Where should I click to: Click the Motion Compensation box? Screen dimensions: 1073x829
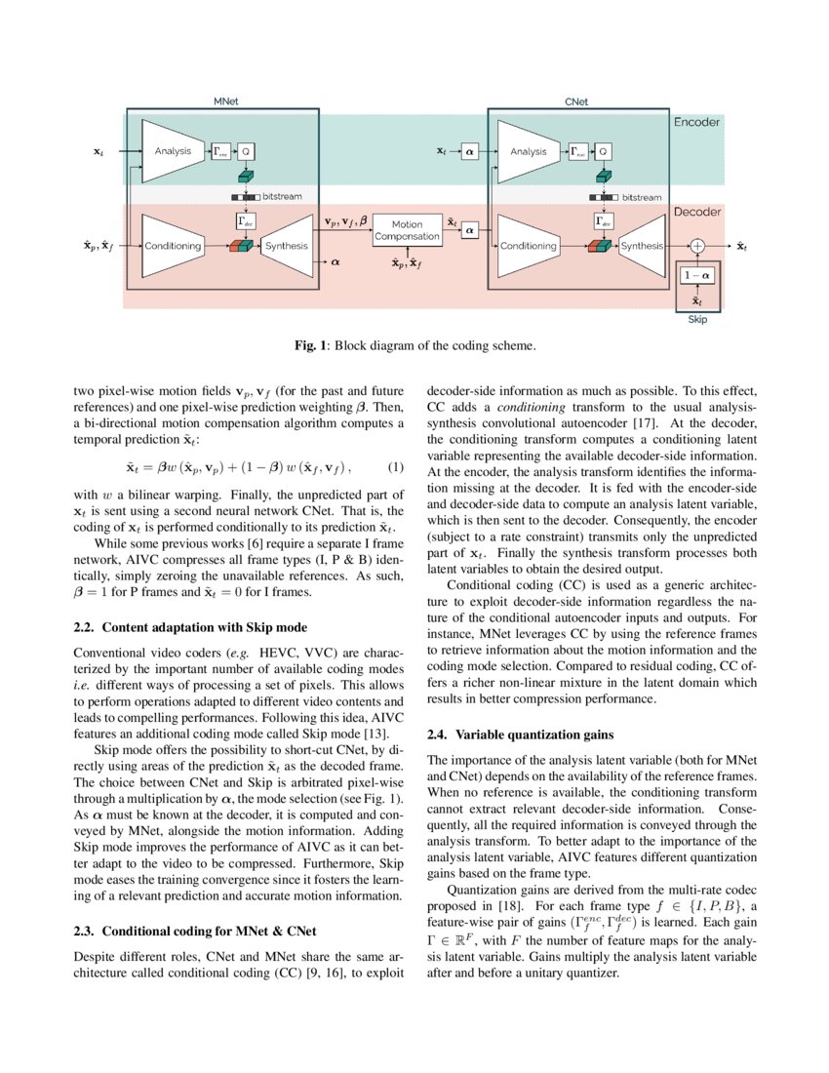point(408,232)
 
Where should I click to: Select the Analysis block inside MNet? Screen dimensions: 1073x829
point(173,151)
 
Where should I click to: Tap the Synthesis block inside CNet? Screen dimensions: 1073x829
point(641,247)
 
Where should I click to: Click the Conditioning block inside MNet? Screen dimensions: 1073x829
point(173,246)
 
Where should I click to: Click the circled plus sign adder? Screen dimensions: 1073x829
point(697,247)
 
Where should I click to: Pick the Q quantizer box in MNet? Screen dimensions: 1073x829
point(247,151)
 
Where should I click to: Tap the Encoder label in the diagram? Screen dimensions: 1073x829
point(696,123)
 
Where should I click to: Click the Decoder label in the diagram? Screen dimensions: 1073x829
point(696,212)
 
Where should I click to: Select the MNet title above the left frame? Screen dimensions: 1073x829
point(227,101)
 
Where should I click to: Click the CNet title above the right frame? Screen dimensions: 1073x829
point(576,101)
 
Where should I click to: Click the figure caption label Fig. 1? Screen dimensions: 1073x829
point(309,345)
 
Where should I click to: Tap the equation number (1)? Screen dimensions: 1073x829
point(395,468)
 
